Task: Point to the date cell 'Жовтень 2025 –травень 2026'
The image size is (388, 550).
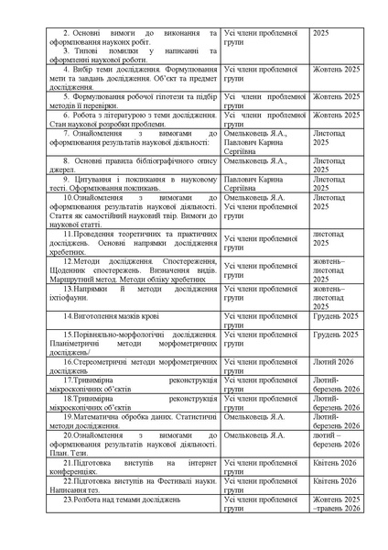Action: (x=337, y=504)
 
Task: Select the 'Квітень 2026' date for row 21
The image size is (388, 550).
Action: (x=334, y=463)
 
